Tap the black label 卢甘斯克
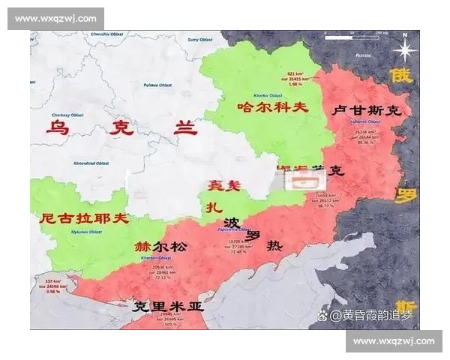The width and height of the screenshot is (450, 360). tap(366, 109)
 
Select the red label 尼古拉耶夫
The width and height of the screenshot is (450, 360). tap(84, 219)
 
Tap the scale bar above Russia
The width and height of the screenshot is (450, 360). tap(370, 34)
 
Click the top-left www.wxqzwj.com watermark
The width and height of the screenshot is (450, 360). tap(56, 18)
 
